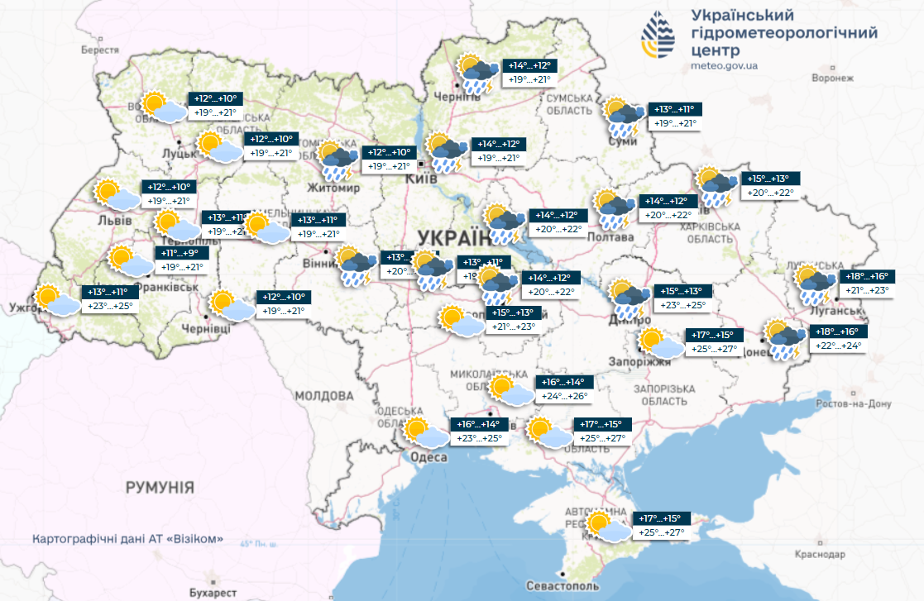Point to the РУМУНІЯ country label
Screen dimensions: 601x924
[160, 488]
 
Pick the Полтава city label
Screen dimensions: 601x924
[610, 237]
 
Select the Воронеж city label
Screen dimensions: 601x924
[831, 78]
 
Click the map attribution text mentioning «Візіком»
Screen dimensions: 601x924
[128, 539]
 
